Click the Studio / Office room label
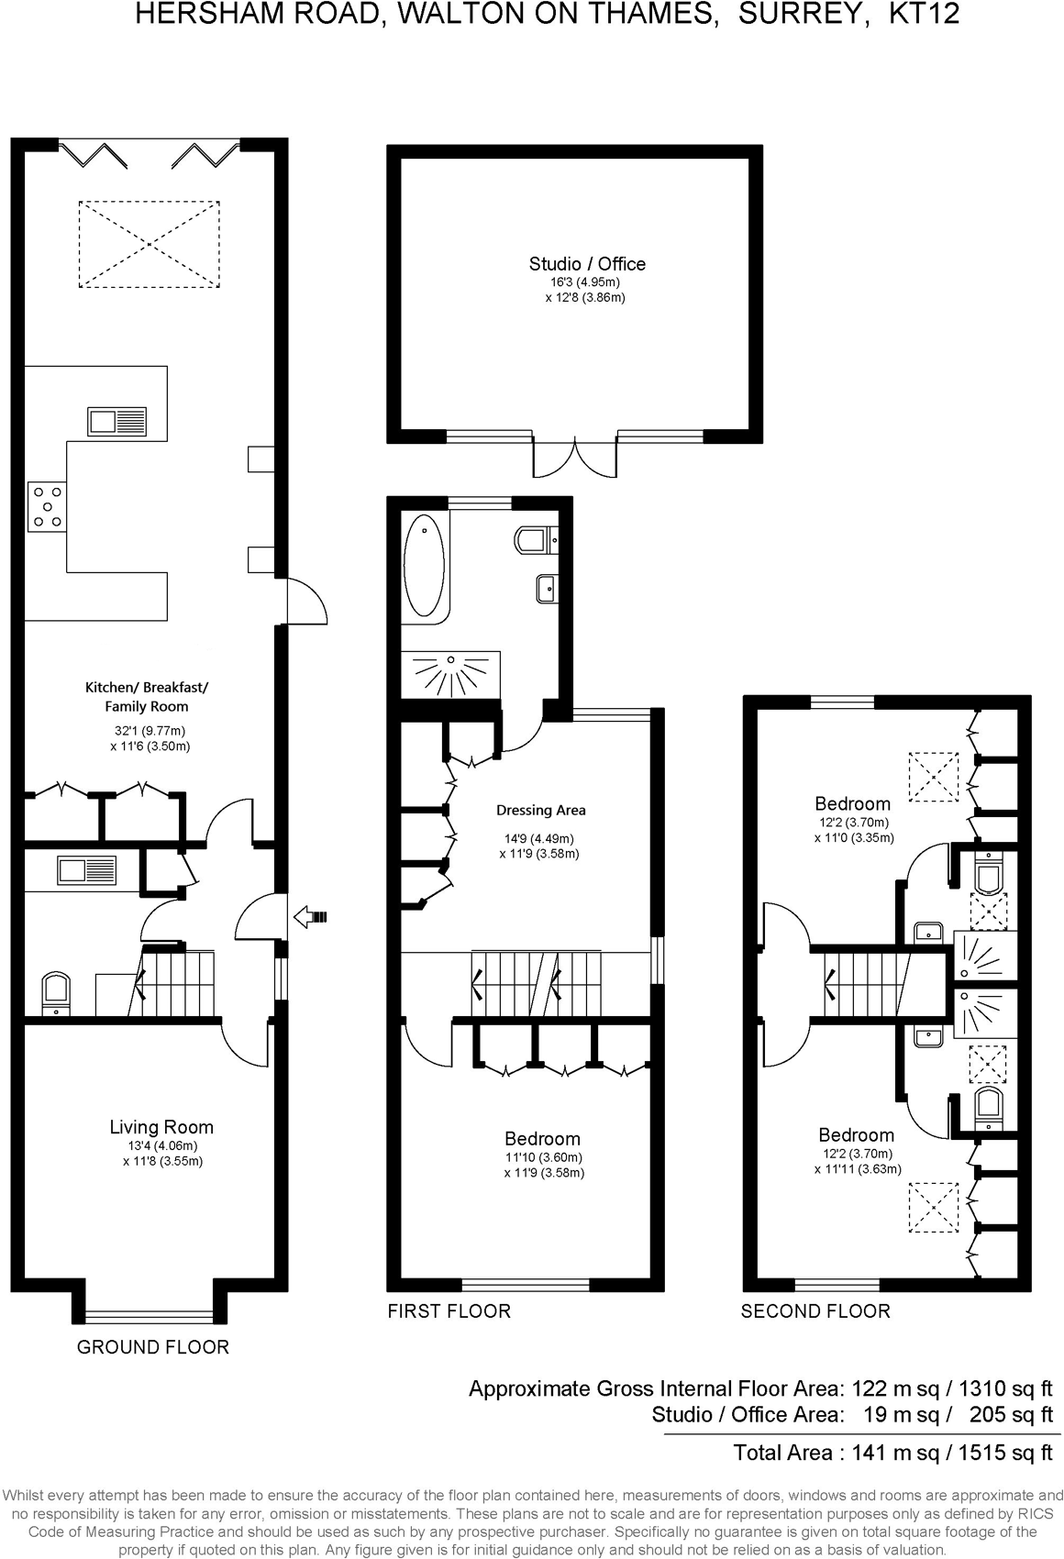pyautogui.click(x=587, y=264)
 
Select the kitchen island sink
pyautogui.click(x=116, y=422)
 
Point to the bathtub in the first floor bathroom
pyautogui.click(x=424, y=565)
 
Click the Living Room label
pyautogui.click(x=161, y=1127)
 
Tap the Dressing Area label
pyautogui.click(x=540, y=810)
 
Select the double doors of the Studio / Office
pyautogui.click(x=574, y=459)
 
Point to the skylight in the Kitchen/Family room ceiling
pyautogui.click(x=149, y=244)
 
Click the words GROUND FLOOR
pyautogui.click(x=152, y=1346)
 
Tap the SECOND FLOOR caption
pyautogui.click(x=815, y=1311)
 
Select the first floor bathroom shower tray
pyautogui.click(x=450, y=674)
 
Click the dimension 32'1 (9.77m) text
pyautogui.click(x=148, y=731)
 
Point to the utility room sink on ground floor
pyautogui.click(x=87, y=869)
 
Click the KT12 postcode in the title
pyautogui.click(x=925, y=14)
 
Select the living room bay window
pyautogui.click(x=149, y=1316)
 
